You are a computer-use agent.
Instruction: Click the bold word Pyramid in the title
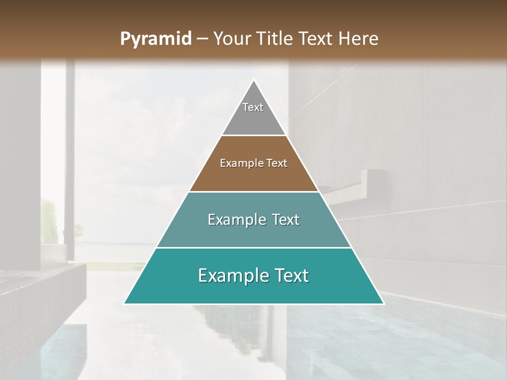[156, 39]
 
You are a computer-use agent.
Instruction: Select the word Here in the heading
[359, 39]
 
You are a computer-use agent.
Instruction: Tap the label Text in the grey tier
[253, 107]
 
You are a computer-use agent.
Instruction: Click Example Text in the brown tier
[253, 163]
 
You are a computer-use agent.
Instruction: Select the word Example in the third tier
[236, 220]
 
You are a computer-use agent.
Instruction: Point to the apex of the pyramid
[254, 81]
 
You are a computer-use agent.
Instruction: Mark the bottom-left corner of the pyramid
[125, 303]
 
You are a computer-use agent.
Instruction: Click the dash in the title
[202, 39]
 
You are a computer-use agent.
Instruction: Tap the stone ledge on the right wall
[359, 182]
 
